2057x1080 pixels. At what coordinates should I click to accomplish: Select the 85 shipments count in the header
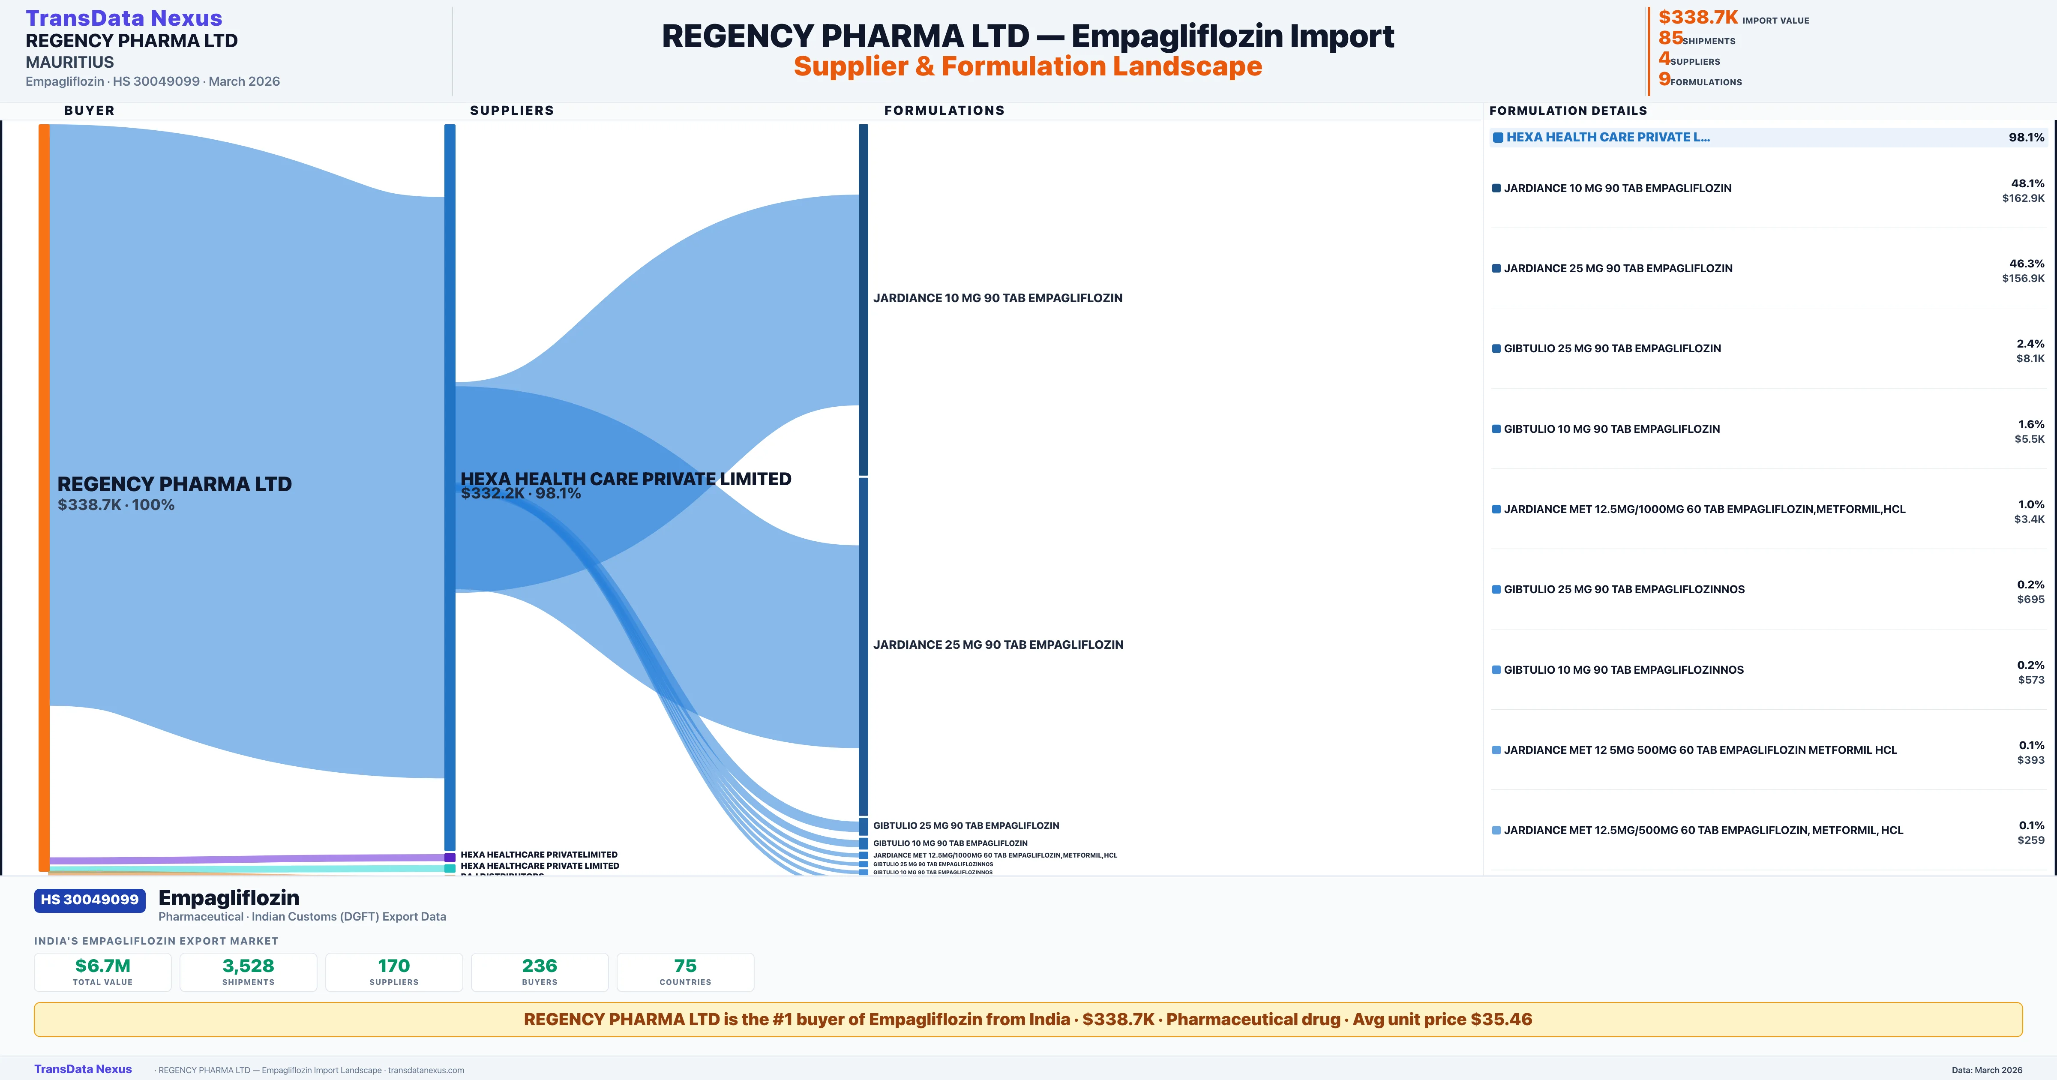[1670, 38]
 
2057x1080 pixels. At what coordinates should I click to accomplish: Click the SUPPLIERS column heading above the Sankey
[512, 110]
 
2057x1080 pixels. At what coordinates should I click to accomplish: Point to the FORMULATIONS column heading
[944, 110]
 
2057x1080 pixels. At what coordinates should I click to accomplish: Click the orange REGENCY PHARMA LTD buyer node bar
[44, 495]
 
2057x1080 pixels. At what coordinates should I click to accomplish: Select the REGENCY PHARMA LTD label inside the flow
[174, 484]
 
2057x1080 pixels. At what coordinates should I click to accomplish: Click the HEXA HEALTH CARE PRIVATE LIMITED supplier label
[625, 479]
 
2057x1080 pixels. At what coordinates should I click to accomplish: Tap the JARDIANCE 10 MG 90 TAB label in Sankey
[997, 298]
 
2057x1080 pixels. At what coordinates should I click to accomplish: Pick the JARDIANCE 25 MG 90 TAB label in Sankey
[997, 645]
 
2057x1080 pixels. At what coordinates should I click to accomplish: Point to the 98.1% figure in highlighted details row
[2026, 138]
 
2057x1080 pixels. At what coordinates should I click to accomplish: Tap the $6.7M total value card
[103, 972]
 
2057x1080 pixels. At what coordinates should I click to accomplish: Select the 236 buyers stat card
[540, 972]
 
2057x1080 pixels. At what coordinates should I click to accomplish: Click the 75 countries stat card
[685, 972]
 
